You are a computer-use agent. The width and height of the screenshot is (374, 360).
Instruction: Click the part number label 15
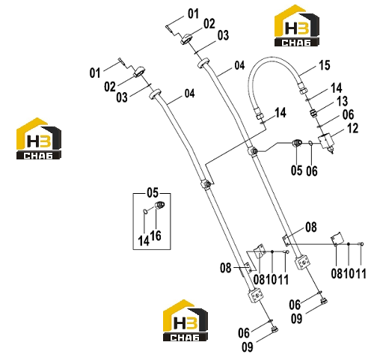[325, 65]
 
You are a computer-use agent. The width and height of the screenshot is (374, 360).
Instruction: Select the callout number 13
[342, 101]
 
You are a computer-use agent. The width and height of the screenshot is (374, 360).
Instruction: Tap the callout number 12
[352, 128]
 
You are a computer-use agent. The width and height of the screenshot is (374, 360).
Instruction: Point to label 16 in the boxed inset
[156, 236]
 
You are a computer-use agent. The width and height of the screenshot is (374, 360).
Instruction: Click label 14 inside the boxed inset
[144, 241]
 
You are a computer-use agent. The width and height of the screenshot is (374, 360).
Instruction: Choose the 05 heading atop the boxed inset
[153, 193]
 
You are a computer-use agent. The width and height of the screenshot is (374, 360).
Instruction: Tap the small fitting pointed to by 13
[313, 113]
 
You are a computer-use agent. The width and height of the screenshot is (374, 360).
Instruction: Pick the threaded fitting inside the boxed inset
[159, 205]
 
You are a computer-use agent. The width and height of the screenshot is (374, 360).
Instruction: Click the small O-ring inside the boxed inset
[144, 211]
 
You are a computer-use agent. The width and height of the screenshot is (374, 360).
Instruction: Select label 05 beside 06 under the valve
[296, 171]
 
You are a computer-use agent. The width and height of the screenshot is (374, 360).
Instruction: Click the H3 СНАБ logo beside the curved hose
[297, 25]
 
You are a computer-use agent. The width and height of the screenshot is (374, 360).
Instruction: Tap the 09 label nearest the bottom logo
[247, 347]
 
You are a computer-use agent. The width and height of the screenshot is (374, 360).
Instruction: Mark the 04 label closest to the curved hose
[239, 65]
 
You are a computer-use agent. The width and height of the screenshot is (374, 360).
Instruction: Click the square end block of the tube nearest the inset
[255, 296]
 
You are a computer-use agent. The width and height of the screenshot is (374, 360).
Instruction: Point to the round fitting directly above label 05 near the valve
[297, 143]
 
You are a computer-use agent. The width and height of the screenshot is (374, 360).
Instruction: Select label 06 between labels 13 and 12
[348, 115]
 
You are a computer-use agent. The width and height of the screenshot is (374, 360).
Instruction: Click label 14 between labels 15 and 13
[337, 88]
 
